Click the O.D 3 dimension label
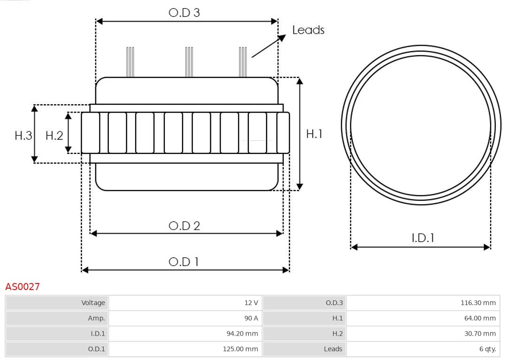[184, 13]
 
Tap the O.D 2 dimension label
[184, 226]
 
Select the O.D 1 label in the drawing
[184, 261]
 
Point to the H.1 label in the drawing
[314, 134]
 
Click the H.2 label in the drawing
[54, 136]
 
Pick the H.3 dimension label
[23, 136]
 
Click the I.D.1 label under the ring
[422, 238]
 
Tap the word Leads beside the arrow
[308, 30]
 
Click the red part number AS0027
[23, 286]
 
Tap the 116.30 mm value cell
[423, 303]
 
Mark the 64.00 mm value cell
[423, 318]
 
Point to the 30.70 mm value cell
[423, 334]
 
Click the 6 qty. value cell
[423, 349]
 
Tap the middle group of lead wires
[189, 62]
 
